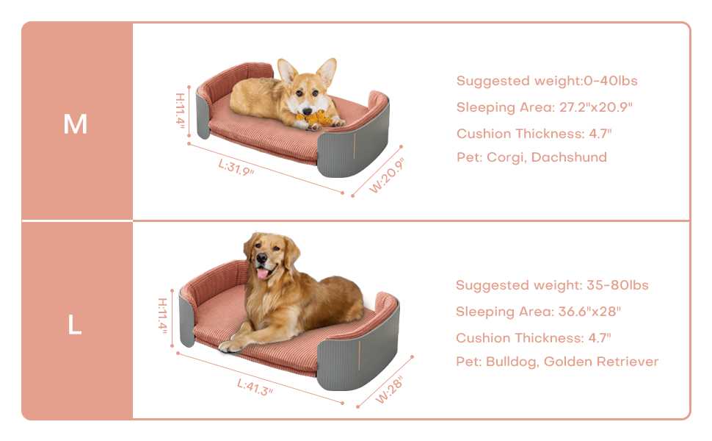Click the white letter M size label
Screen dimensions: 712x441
point(75,123)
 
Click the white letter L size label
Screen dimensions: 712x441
point(75,325)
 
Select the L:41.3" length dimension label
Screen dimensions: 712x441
point(255,387)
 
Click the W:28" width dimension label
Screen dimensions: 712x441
point(389,390)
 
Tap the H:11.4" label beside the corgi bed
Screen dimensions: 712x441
point(181,110)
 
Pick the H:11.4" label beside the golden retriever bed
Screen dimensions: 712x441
point(162,315)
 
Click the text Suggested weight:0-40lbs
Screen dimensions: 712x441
point(547,81)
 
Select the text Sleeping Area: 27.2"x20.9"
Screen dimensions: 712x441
point(544,107)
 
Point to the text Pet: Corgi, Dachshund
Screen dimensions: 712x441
point(531,157)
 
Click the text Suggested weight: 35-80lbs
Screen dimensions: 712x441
point(552,285)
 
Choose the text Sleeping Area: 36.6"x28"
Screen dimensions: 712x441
point(538,312)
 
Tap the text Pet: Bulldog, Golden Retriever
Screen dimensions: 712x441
point(556,362)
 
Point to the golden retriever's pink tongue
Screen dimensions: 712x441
point(263,273)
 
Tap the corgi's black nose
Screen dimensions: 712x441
point(308,110)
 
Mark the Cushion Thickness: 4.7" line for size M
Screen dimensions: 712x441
point(534,134)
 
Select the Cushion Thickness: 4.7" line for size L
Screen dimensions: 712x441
point(533,338)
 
